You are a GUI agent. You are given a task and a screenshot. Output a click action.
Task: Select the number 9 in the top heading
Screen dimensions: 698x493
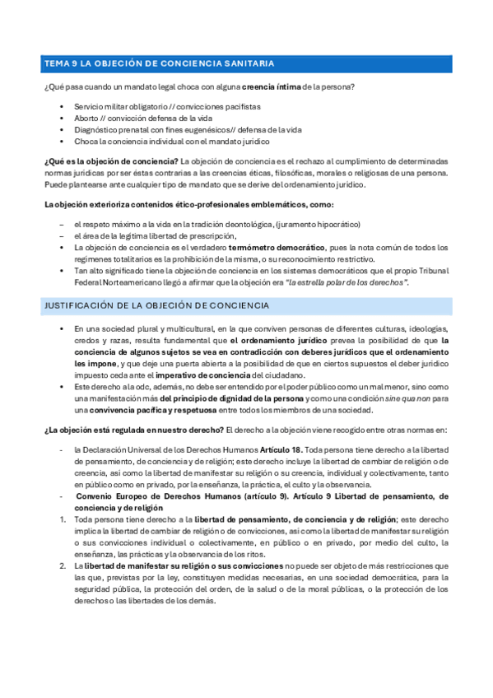coord(72,63)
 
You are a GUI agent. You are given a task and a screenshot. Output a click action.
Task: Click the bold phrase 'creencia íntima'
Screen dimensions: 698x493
coord(272,86)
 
